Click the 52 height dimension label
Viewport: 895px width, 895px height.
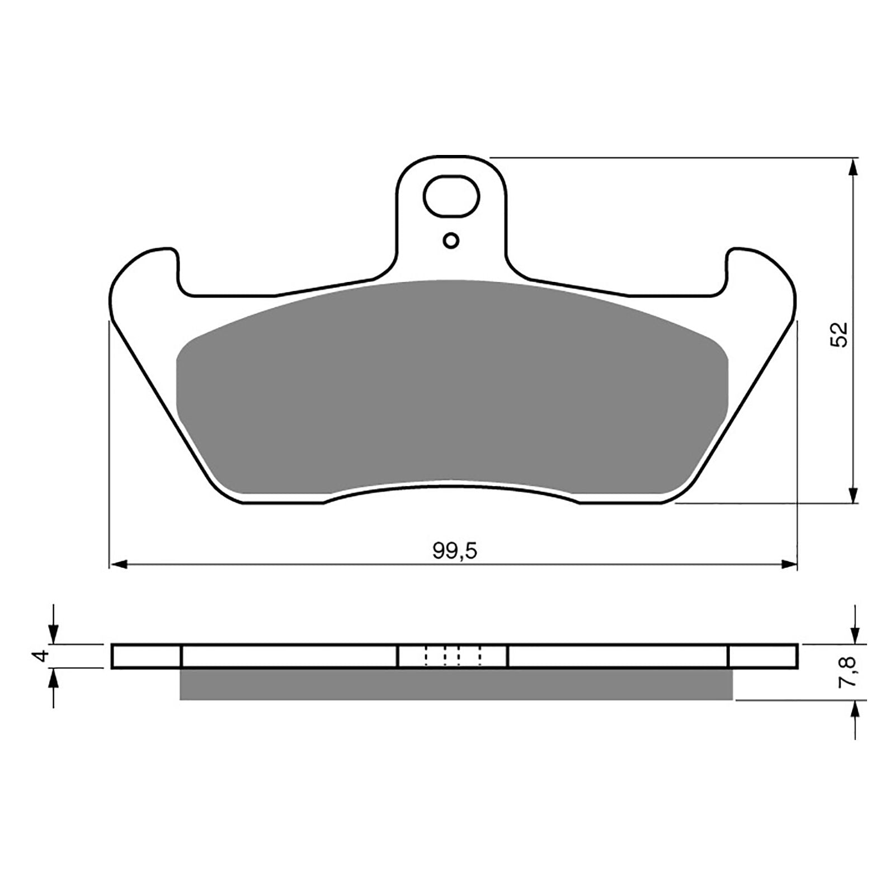coord(840,335)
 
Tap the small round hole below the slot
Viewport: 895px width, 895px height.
coord(451,241)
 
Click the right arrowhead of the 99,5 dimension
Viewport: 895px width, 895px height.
coord(789,565)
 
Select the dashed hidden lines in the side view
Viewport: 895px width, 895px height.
coord(453,656)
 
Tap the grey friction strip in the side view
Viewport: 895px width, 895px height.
coord(456,685)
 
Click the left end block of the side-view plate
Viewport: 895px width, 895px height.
coord(147,656)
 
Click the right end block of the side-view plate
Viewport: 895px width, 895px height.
coord(763,656)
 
